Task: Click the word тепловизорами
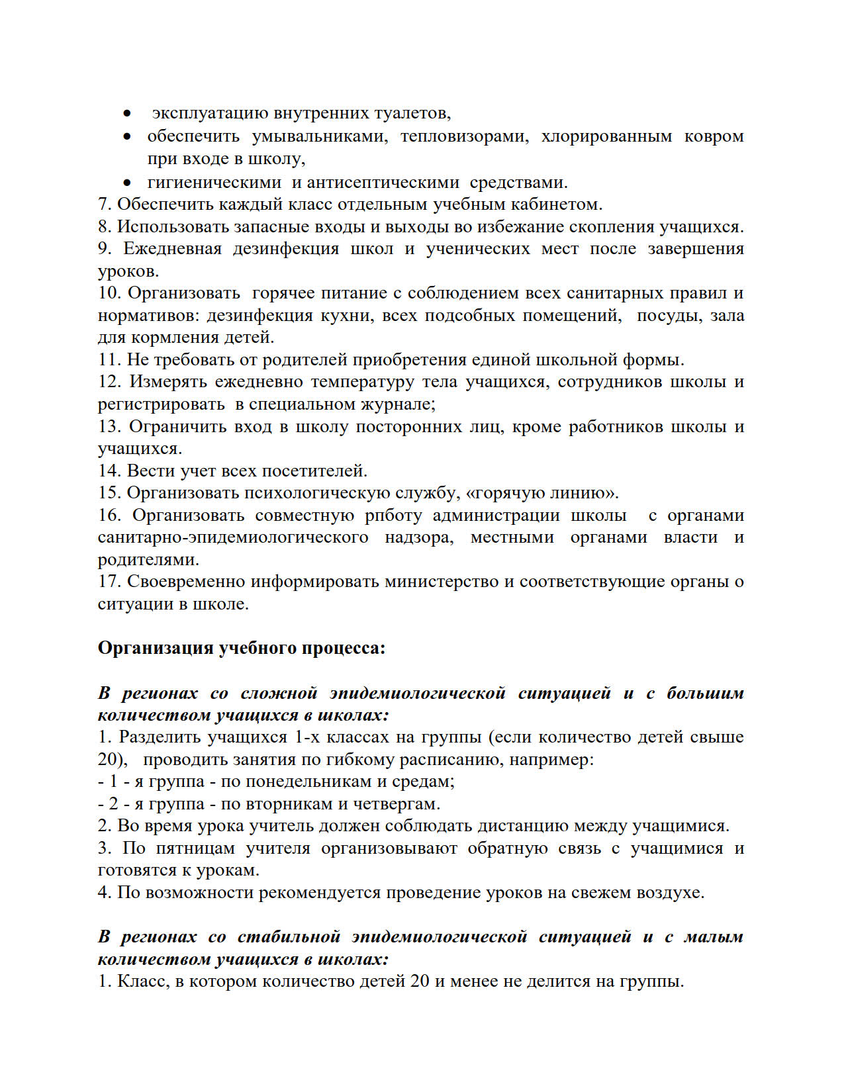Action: tap(464, 136)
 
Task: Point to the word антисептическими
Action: tap(383, 182)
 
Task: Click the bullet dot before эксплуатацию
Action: tap(127, 114)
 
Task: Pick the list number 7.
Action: tap(105, 205)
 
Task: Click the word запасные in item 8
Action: tap(268, 226)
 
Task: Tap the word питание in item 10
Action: tap(344, 293)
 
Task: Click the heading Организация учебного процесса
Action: tap(241, 648)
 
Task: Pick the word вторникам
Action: tap(295, 804)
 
